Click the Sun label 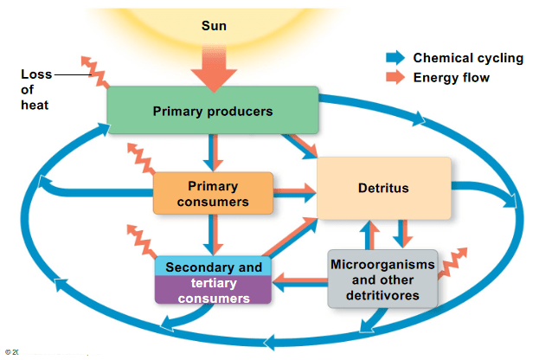[214, 26]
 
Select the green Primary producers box [213, 110]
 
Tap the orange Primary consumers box [213, 193]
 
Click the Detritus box [384, 188]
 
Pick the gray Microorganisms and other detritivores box [382, 279]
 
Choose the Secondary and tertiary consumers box [213, 280]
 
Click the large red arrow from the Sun [214, 68]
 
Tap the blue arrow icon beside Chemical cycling [395, 57]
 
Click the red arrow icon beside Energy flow [395, 77]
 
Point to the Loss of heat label [35, 89]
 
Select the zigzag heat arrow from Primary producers [95, 72]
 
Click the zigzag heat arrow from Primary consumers [141, 158]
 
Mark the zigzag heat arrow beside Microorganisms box [452, 263]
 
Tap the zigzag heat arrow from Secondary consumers [142, 241]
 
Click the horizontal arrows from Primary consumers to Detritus [295, 193]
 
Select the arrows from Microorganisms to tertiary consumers [299, 282]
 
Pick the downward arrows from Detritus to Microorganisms [402, 234]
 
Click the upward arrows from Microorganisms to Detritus [369, 235]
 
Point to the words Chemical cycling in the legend [468, 58]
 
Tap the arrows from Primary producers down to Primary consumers [213, 152]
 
